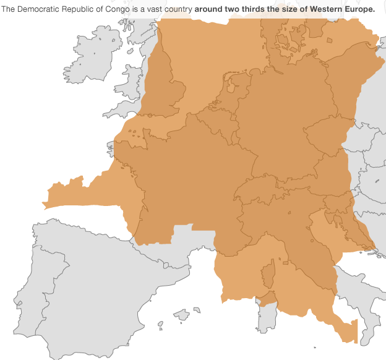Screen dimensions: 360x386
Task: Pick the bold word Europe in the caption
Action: coord(359,9)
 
